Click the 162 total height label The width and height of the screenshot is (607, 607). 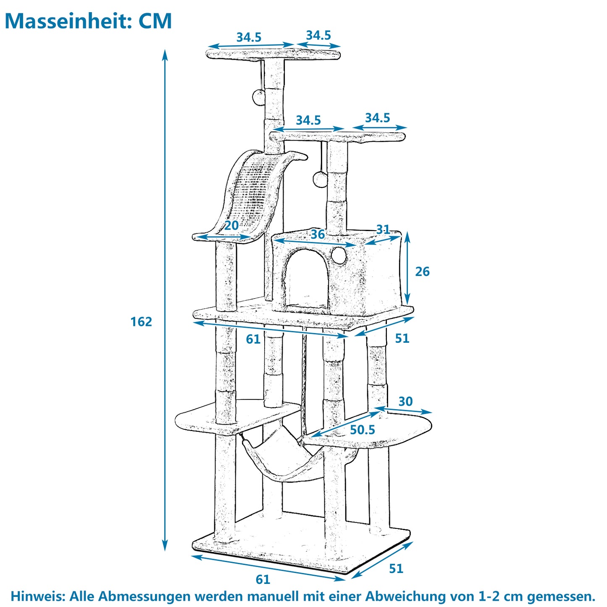[141, 322]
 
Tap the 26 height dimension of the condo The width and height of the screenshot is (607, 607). [422, 272]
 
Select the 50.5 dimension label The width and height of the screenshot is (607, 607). [362, 430]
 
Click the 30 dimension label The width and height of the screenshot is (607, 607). [405, 402]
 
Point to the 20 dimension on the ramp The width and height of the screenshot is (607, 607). [231, 226]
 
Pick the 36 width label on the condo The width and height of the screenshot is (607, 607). [318, 234]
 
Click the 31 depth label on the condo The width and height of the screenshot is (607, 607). [383, 229]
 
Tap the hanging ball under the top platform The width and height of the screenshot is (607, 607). [259, 97]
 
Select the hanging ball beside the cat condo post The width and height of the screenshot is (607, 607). [320, 179]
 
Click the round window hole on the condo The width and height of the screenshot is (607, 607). [339, 255]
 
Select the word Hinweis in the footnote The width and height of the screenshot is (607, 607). [37, 596]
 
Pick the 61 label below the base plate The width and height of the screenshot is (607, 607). [263, 580]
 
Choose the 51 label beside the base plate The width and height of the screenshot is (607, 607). [396, 568]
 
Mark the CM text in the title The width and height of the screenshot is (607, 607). [155, 21]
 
